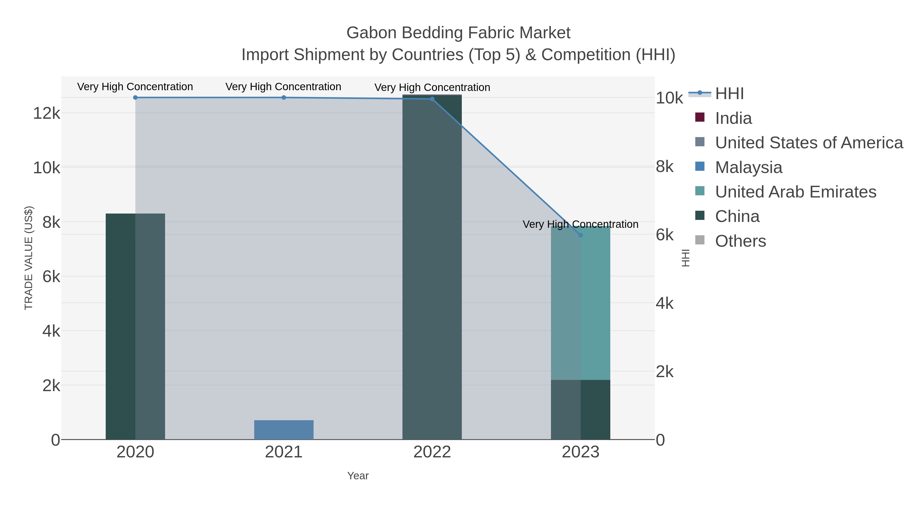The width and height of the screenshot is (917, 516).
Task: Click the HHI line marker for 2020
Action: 135,98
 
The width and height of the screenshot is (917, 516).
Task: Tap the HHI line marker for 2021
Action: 284,98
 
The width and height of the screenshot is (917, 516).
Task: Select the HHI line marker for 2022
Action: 432,99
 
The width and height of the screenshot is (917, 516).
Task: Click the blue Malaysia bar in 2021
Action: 284,430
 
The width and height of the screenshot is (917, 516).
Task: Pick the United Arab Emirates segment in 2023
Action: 581,303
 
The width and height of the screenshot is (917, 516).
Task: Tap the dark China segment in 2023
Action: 581,409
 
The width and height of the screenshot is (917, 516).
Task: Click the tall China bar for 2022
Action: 432,267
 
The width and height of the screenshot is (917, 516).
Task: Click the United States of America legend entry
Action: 808,143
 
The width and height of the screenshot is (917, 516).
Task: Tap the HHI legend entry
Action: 729,94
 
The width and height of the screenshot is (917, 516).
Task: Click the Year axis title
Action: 358,476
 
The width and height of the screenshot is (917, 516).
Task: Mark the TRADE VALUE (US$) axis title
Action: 29,258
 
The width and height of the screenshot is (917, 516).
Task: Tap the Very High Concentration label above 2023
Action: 580,224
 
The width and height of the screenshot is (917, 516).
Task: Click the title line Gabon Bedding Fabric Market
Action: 458,33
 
